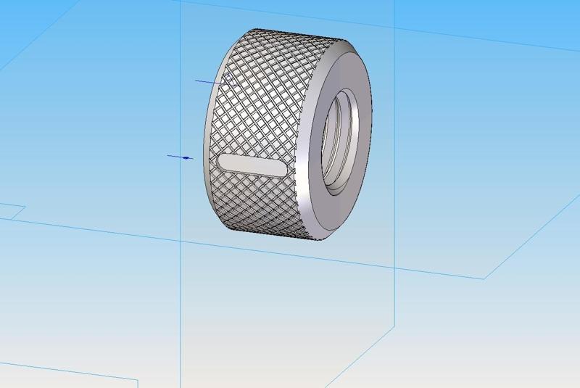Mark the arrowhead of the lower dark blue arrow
(x=190, y=157)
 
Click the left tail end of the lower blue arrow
(x=168, y=155)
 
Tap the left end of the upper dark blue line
(x=196, y=81)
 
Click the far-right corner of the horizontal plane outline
(x=485, y=278)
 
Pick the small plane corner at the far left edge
(x=25, y=207)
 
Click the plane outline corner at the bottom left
(x=137, y=379)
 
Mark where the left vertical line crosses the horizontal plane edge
(x=181, y=237)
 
